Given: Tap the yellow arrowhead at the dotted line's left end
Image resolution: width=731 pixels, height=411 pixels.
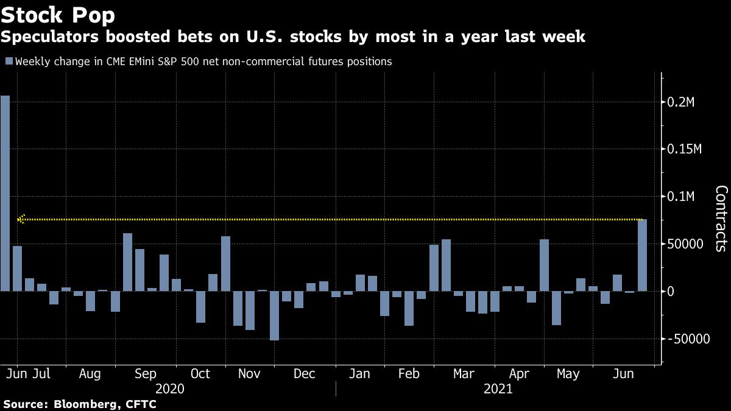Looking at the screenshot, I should click(21, 219).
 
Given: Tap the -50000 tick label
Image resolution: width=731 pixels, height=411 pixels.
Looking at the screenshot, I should click(689, 339).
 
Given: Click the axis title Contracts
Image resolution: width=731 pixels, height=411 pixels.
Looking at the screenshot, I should click(721, 218).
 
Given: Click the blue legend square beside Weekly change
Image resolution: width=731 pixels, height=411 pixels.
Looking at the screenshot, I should click(9, 61).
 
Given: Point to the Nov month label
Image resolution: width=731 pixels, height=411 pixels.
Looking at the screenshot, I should click(249, 373).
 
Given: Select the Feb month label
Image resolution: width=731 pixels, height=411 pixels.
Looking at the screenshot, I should click(408, 373).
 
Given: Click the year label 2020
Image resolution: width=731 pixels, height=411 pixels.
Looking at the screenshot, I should click(170, 388).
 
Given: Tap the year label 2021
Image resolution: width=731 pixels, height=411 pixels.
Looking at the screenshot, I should click(498, 388).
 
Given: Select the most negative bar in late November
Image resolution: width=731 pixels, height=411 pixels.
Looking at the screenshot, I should click(274, 315).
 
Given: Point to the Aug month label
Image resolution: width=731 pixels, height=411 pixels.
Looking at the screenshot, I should click(90, 373).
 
